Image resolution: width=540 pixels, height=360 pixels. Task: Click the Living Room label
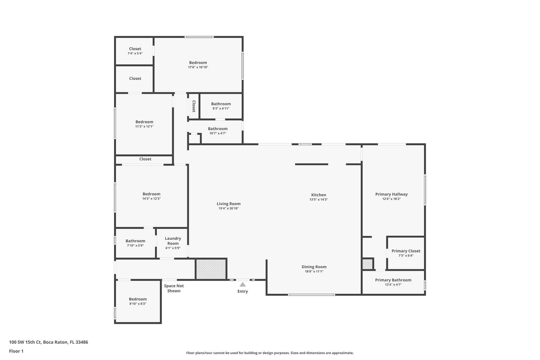tap(229, 204)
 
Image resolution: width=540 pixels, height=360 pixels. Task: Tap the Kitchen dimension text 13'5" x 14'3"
tap(319, 200)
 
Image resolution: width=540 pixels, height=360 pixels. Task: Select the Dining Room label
tap(314, 267)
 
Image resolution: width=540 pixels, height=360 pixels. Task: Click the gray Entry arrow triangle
tap(243, 284)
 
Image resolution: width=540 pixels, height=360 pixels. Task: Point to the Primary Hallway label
tap(392, 194)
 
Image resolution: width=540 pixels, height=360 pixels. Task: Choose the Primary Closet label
tap(406, 251)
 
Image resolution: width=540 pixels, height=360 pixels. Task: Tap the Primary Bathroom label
tap(393, 280)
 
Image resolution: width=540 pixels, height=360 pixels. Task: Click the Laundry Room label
tap(173, 241)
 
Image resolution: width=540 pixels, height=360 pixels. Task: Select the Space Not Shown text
tap(174, 288)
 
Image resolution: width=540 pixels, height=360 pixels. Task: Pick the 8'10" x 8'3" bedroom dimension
tap(138, 304)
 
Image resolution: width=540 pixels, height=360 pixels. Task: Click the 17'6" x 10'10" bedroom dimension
tap(198, 67)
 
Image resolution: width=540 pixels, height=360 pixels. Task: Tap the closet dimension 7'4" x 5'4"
tap(135, 54)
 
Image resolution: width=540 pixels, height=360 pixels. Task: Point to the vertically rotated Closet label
tap(194, 106)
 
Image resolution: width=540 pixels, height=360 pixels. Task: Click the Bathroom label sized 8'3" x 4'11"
tap(221, 104)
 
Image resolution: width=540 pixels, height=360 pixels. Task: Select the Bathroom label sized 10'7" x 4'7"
tap(218, 129)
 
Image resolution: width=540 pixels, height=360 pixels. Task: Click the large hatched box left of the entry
tap(211, 269)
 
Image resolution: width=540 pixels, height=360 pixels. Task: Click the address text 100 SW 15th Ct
tap(25, 342)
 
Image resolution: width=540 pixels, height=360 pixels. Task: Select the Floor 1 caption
tap(16, 351)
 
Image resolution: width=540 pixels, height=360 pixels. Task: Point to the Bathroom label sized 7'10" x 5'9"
tap(135, 241)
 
